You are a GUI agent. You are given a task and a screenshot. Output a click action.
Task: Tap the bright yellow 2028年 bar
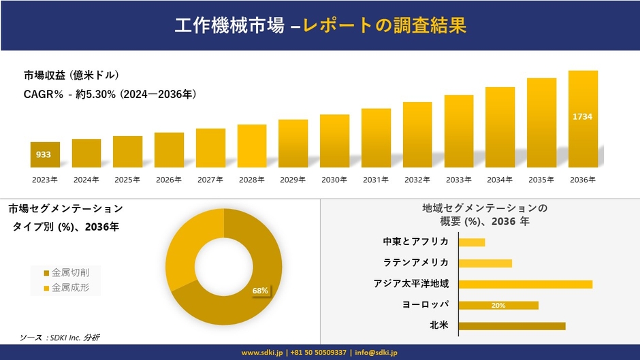pos(252,146)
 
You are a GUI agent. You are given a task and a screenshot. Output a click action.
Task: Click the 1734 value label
pos(583,117)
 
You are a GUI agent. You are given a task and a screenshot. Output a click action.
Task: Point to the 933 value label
pos(44,155)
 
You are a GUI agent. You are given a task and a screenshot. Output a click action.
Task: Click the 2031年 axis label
pos(376,180)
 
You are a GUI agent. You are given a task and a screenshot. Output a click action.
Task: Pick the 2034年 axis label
pos(500,180)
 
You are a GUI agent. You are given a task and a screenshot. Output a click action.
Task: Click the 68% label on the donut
pos(260,291)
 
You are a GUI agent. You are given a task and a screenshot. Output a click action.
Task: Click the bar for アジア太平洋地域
pos(526,284)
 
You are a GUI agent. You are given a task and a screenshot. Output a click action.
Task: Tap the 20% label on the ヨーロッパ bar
pos(498,306)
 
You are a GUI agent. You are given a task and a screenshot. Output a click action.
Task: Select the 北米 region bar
pos(512,326)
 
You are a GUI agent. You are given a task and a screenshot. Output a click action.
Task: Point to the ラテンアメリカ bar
pos(485,263)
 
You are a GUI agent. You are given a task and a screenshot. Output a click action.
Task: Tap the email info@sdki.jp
pos(376,353)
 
